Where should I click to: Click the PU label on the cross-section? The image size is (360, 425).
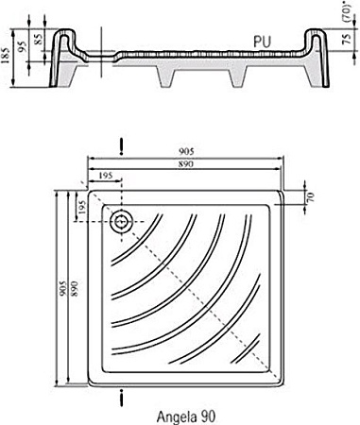(266, 42)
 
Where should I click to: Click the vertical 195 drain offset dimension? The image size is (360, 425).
(82, 210)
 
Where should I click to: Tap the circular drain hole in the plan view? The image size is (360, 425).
(120, 223)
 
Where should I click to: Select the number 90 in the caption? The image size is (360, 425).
(211, 414)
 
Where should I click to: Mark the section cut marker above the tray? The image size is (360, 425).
(120, 146)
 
